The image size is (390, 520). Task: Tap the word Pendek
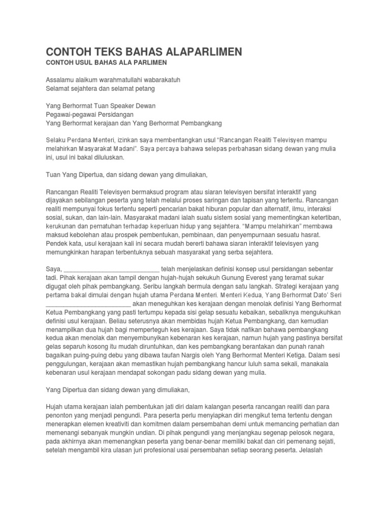57,243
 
